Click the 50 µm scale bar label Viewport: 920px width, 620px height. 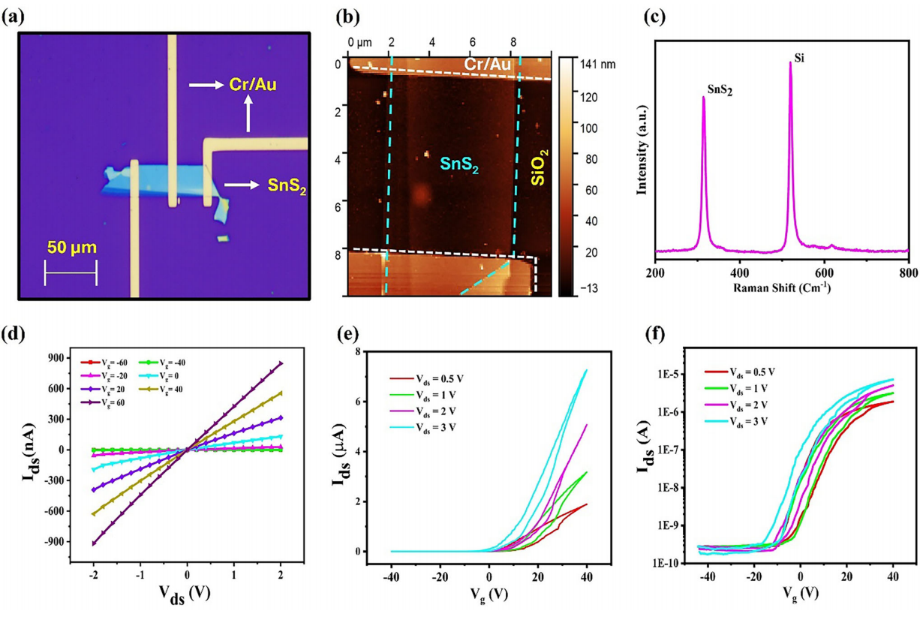pos(72,248)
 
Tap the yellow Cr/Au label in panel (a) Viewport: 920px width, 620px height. pos(253,85)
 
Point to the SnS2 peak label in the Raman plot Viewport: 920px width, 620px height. pos(720,89)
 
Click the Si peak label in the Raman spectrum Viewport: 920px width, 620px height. pos(799,58)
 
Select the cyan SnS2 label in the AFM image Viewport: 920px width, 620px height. pos(459,165)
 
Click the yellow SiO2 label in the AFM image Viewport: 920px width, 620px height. pos(540,167)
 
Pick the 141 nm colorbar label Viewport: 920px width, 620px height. pos(597,64)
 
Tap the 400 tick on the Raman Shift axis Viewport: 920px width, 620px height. pos(739,272)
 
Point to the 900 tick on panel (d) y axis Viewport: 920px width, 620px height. pos(55,358)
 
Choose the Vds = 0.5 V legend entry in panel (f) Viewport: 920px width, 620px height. pos(740,372)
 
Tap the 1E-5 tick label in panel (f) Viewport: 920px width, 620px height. pos(666,375)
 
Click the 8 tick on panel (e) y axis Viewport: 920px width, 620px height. pos(358,352)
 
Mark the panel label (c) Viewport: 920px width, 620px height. pos(654,17)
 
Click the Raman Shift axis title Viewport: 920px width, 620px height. pos(782,288)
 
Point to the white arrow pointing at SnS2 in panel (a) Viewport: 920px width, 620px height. pos(242,185)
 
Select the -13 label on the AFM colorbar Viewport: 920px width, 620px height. pos(589,288)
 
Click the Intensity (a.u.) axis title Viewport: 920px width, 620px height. pos(642,150)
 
